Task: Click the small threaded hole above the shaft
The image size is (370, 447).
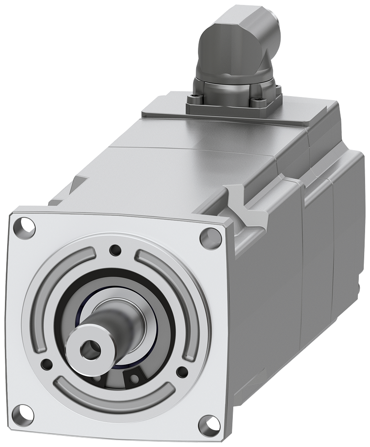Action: pyautogui.click(x=116, y=249)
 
